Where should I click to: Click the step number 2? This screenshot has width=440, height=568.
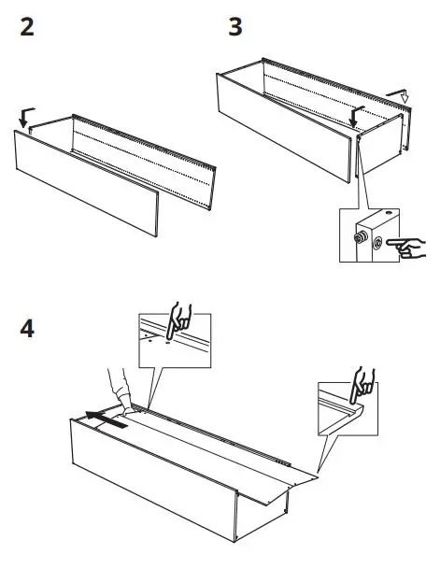(x=28, y=27)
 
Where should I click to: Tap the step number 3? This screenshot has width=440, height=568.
(x=235, y=27)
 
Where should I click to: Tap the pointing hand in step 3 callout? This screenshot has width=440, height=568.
(x=407, y=248)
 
